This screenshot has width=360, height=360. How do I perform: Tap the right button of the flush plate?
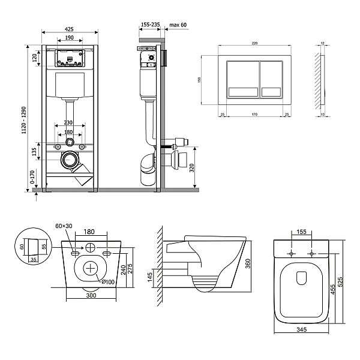pyautogui.click(x=277, y=80)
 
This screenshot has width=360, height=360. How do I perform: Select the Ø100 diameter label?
pyautogui.click(x=108, y=282)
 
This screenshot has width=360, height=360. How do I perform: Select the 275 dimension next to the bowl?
pyautogui.click(x=139, y=265)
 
